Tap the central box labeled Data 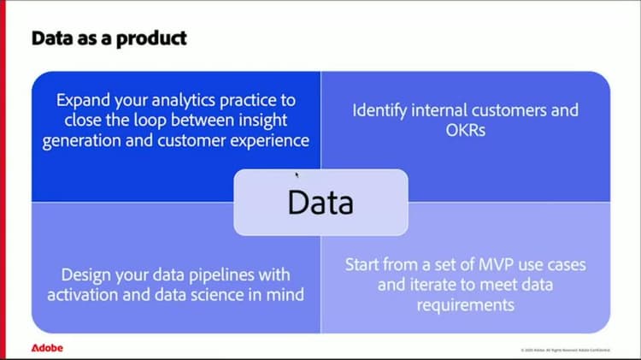pyautogui.click(x=320, y=202)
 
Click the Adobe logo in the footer pyautogui.click(x=47, y=348)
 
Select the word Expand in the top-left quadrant pyautogui.click(x=79, y=100)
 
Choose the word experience pyautogui.click(x=268, y=141)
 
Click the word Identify pyautogui.click(x=383, y=110)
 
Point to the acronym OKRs pyautogui.click(x=466, y=131)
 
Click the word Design pyautogui.click(x=88, y=275)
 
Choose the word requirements pyautogui.click(x=466, y=305)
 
